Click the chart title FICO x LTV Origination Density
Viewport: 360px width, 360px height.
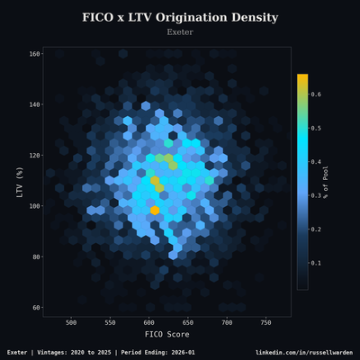pyautogui.click(x=180, y=17)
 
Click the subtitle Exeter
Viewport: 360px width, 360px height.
pyautogui.click(x=180, y=32)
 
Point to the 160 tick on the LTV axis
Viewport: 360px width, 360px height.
pyautogui.click(x=34, y=54)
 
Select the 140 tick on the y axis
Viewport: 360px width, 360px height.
pyautogui.click(x=34, y=104)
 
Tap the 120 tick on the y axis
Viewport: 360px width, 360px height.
pyautogui.click(x=34, y=156)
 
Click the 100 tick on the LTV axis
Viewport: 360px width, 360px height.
pyautogui.click(x=34, y=206)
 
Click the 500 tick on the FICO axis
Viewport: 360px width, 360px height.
pyautogui.click(x=71, y=322)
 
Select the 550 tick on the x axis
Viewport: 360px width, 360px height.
pyautogui.click(x=110, y=322)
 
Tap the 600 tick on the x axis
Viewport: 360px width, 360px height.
pyautogui.click(x=148, y=322)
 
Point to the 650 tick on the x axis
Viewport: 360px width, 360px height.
pyautogui.click(x=187, y=322)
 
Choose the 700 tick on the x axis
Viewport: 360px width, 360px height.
pyautogui.click(x=227, y=322)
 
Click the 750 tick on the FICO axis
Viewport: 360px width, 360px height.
pyautogui.click(x=265, y=322)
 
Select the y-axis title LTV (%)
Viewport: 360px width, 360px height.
pyautogui.click(x=19, y=181)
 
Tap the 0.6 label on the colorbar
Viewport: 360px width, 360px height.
pyautogui.click(x=317, y=94)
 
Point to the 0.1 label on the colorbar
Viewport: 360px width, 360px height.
pyautogui.click(x=317, y=264)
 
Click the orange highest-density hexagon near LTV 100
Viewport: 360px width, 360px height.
pyautogui.click(x=155, y=210)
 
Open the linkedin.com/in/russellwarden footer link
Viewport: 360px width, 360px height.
pyautogui.click(x=304, y=352)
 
